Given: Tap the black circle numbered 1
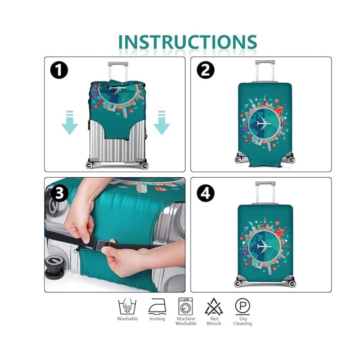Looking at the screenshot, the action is pos(59,70).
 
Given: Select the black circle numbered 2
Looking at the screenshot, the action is pos(206,70).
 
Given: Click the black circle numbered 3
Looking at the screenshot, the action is pos(59,193).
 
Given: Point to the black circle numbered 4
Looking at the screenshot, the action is pos(206,193).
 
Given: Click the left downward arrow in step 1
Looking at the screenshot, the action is pos(70,122).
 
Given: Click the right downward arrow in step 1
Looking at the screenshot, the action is pos(162,122).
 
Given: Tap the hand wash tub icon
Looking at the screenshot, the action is pos(127,306).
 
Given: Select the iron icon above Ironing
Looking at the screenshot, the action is pos(157,306).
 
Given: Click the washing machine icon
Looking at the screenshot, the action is pos(186,306).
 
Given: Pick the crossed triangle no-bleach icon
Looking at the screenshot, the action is pos(214,306).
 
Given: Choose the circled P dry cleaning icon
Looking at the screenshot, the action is pos(243,306).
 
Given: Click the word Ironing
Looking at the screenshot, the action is pos(157,319).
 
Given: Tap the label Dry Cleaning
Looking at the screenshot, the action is pos(243,321).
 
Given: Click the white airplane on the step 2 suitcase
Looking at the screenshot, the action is pos(264,123).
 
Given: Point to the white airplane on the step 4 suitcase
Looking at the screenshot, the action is pos(264,246).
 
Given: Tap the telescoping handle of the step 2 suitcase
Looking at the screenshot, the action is pos(265,71).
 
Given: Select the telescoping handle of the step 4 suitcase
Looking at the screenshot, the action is pos(265,193).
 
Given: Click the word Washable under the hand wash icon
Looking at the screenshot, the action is pos(127,319).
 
